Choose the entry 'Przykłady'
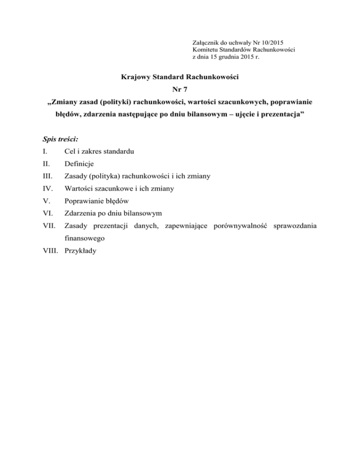coord(80,251)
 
